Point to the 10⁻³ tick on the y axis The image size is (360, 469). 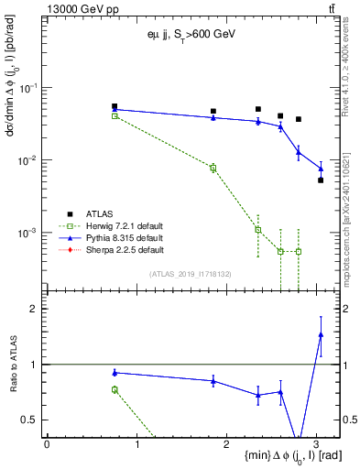point(28,233)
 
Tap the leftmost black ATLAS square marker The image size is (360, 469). point(115,106)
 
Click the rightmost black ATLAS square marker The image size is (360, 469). point(321,180)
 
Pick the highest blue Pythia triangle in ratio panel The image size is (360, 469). point(321,334)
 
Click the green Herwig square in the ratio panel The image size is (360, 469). point(115,389)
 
